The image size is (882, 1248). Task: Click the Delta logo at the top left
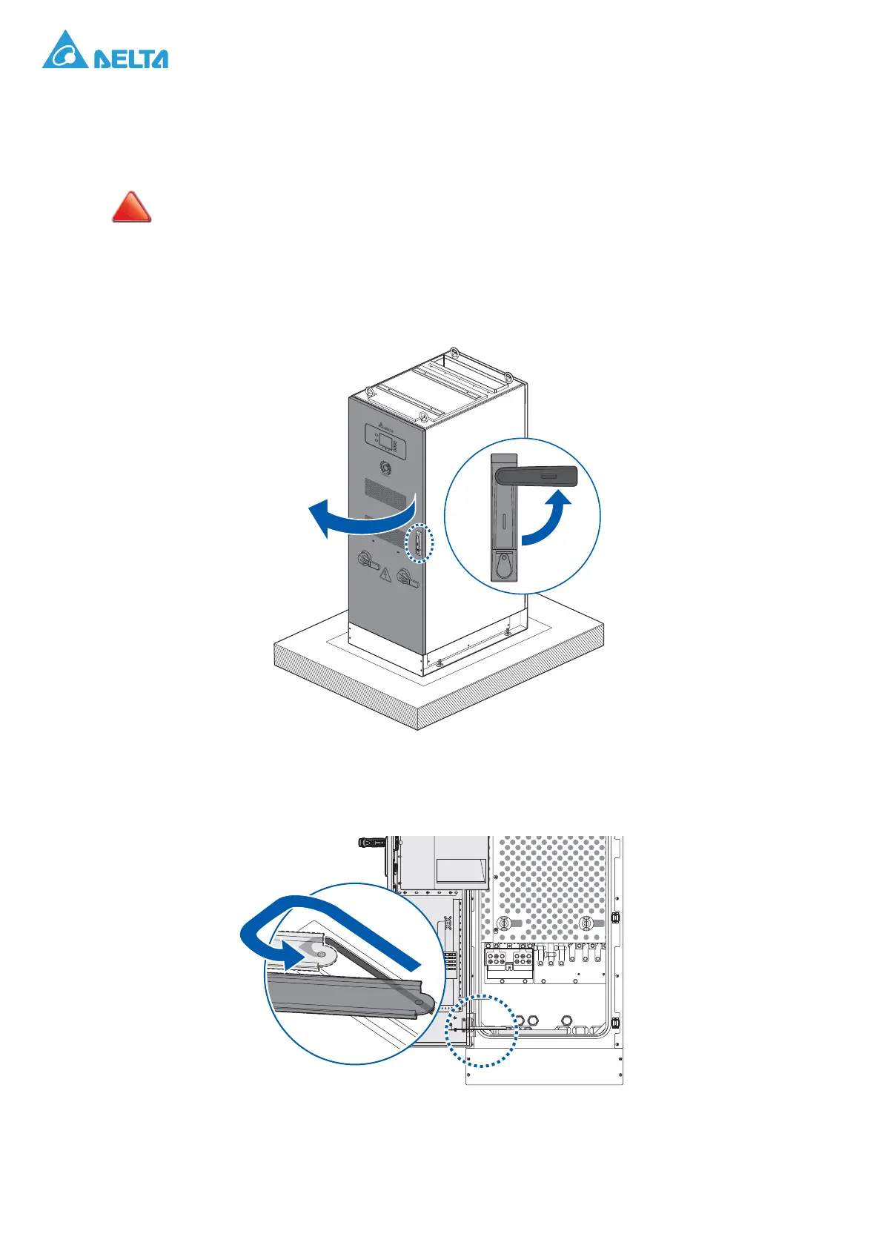click(105, 51)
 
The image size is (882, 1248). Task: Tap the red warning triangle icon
click(131, 208)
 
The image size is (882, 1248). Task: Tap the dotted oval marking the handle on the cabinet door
click(420, 544)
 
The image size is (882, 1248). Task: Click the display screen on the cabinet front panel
click(386, 440)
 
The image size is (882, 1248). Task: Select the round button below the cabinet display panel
click(385, 468)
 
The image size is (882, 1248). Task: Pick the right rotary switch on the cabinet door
click(406, 578)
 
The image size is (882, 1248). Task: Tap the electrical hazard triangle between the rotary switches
click(385, 574)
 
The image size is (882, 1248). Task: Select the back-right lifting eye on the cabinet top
click(509, 377)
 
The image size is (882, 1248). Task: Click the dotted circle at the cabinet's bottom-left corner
click(481, 1030)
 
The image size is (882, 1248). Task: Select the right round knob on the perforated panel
click(586, 923)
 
